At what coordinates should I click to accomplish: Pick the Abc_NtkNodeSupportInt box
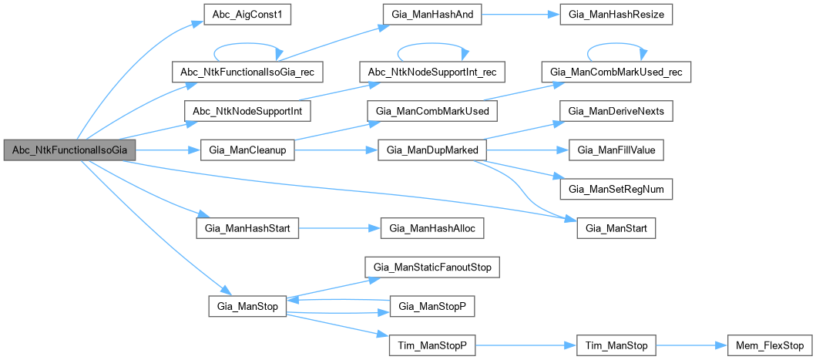tap(247, 111)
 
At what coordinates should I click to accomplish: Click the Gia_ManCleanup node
tap(247, 150)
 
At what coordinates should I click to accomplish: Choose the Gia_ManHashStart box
tap(247, 228)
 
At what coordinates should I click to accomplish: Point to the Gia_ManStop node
tap(247, 306)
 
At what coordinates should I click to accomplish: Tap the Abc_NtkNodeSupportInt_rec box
tap(432, 72)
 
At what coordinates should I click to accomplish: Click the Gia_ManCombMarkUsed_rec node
tap(616, 72)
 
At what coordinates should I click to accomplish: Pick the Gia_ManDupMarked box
tap(432, 150)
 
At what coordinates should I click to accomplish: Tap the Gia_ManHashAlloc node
tap(432, 228)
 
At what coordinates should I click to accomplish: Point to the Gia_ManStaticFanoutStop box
tap(432, 267)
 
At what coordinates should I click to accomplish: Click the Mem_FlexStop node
tap(761, 345)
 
